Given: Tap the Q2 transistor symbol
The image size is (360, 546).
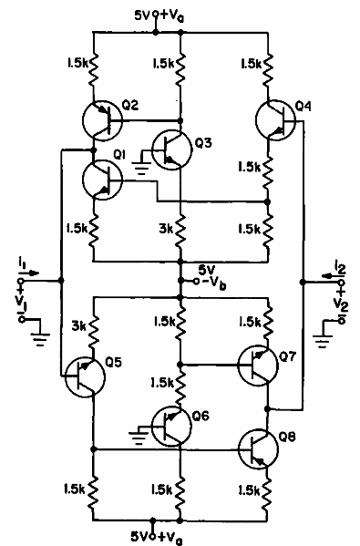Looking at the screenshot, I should tap(100, 118).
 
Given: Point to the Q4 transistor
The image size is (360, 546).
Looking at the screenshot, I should tap(273, 118).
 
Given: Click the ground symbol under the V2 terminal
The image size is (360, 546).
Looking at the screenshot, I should tap(320, 342).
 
